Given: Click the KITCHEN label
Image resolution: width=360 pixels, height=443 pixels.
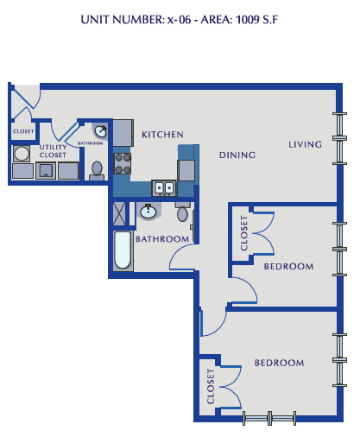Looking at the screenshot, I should click(163, 134).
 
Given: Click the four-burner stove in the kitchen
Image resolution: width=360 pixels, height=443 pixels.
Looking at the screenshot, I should click(123, 164).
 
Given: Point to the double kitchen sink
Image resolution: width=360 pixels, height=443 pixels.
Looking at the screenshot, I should click(163, 187).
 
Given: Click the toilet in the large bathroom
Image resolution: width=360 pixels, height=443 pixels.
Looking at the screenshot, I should click(182, 213).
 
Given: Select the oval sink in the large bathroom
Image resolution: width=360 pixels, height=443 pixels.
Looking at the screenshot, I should click(149, 211).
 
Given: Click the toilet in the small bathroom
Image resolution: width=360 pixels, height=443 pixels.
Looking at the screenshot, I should click(98, 168).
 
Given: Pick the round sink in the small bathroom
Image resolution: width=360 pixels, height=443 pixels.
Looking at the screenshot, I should click(102, 131).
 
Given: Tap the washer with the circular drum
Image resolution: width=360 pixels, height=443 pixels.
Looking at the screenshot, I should click(22, 154).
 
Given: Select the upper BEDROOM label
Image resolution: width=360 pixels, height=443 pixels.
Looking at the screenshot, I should click(288, 266).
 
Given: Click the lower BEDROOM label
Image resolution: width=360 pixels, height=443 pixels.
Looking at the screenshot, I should click(279, 363).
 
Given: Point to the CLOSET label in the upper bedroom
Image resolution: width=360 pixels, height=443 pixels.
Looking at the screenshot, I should click(243, 233).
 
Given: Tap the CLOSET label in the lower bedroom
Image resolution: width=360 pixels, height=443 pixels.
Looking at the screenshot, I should click(211, 388).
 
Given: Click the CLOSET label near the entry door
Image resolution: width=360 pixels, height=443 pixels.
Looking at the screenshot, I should click(23, 131).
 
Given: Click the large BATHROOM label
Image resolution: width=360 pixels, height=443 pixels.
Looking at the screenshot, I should click(161, 238).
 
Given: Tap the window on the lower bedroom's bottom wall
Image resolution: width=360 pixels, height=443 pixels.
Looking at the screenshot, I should click(269, 418).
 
